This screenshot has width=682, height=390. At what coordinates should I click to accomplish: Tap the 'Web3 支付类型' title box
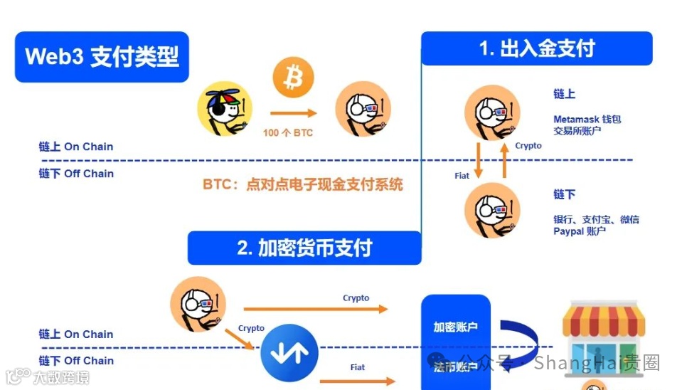[102, 56]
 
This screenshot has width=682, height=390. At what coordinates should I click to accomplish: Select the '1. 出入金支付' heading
[537, 48]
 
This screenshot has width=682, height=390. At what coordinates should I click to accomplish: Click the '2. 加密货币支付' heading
[304, 248]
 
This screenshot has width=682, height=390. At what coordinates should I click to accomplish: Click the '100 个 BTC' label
[287, 132]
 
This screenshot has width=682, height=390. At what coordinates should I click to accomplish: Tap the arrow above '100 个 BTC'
[292, 112]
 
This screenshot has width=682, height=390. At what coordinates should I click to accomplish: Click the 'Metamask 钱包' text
[587, 119]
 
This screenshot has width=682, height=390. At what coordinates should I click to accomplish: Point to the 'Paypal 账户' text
[580, 231]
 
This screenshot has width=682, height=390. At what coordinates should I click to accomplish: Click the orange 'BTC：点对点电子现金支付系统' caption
[303, 185]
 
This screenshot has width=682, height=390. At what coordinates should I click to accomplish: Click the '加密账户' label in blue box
[456, 327]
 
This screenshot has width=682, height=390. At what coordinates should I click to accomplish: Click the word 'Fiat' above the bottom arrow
[358, 367]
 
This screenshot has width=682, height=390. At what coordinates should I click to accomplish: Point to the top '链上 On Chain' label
[76, 147]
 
